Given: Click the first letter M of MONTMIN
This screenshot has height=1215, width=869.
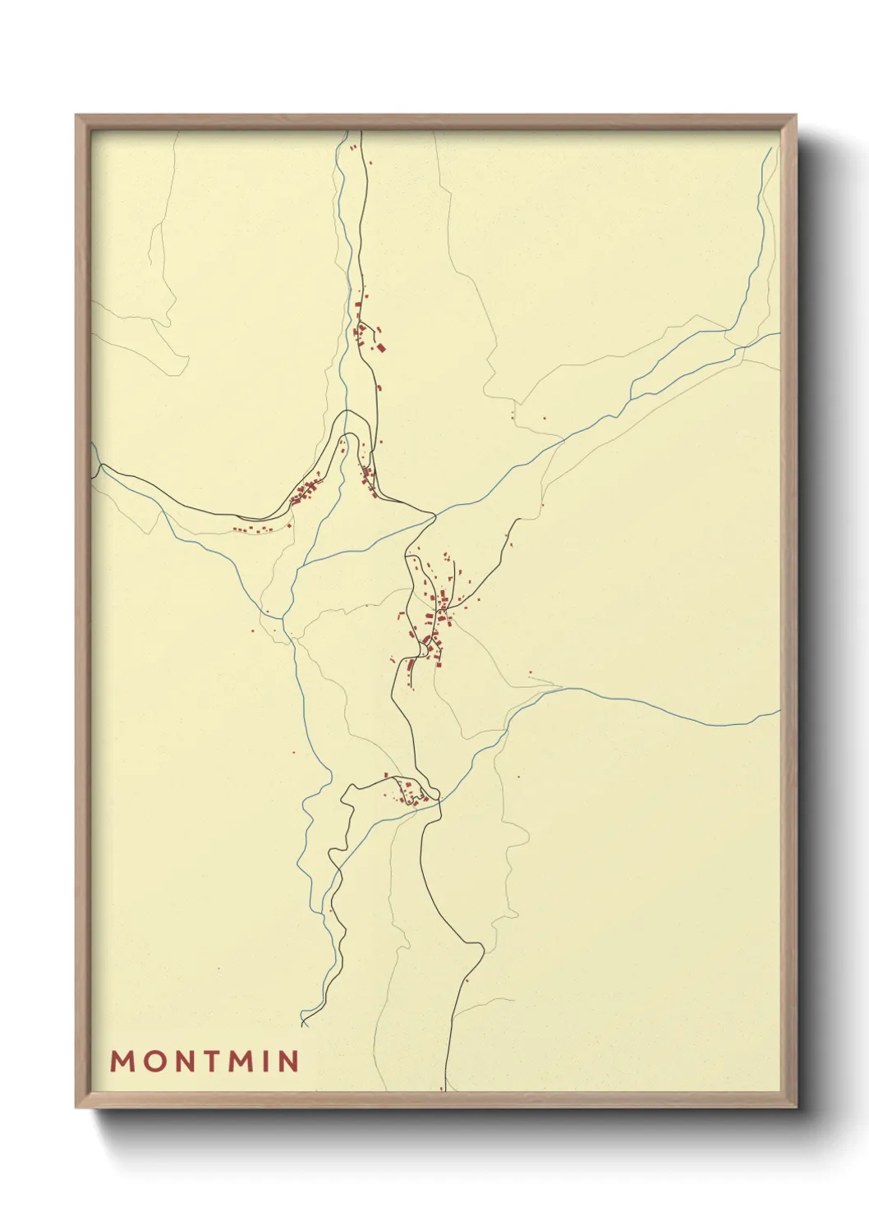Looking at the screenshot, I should point(122,1061).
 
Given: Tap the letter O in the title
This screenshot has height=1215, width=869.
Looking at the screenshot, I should point(152,1061).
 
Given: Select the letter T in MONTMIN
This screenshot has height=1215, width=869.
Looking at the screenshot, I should point(209,1061).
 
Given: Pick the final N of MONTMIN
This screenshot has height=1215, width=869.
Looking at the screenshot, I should point(288,1061).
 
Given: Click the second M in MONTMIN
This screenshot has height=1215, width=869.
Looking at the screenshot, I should point(239,1061).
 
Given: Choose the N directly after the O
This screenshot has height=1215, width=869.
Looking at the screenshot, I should point(181,1061).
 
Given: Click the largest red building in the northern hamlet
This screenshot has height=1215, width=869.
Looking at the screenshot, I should point(380,348).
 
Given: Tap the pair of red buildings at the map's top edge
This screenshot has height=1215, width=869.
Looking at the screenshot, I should point(354,148).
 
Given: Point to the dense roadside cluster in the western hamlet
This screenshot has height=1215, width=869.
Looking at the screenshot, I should point(306,493).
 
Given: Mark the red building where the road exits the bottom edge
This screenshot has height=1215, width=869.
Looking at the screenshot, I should point(442,1089).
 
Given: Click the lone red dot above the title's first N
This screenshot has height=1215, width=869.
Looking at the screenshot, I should point(219,970).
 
